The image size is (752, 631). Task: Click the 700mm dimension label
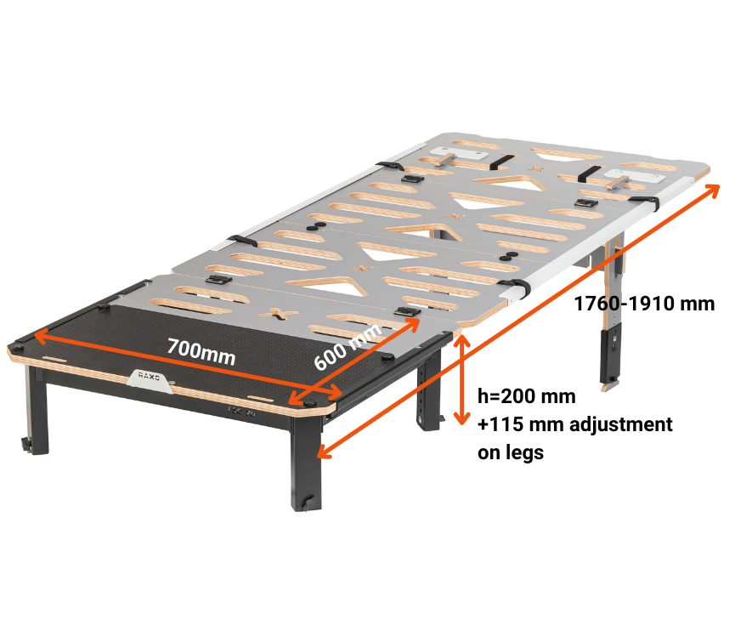click(x=201, y=352)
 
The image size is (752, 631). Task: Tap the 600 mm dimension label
click(x=348, y=346)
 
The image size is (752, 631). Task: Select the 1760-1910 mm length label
click(x=644, y=304)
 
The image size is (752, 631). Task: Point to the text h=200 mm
click(x=527, y=396)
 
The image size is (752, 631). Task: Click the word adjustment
click(x=621, y=424)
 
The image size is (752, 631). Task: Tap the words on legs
click(x=511, y=452)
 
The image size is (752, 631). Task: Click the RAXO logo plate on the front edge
click(x=150, y=379)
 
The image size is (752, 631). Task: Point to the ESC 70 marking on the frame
click(x=241, y=412)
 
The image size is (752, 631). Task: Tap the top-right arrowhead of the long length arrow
click(x=713, y=190)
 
